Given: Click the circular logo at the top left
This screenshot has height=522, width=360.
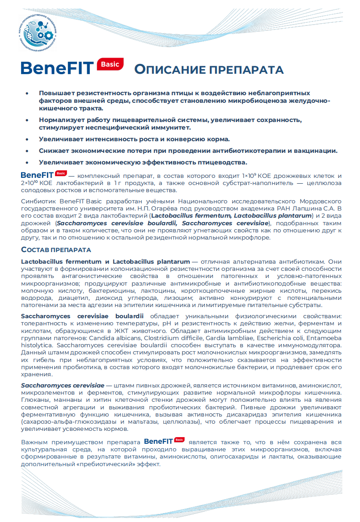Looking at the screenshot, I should [39, 32].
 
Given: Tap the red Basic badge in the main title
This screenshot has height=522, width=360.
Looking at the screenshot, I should [110, 64].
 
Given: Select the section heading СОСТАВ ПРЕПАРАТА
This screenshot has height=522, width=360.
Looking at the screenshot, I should [56, 249].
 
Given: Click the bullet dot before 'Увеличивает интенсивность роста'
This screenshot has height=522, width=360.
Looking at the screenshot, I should [27, 139].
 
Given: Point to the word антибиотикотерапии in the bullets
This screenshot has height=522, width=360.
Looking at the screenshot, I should [244, 151].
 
